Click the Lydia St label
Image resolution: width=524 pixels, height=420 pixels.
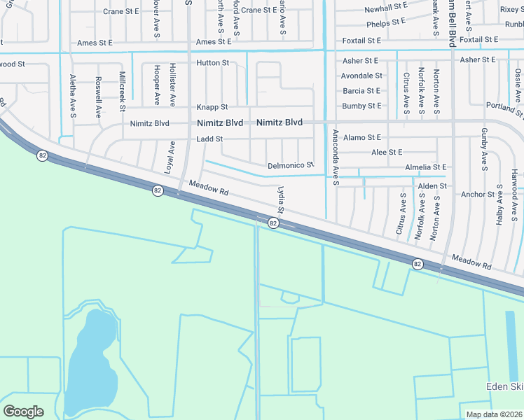tap(281, 199)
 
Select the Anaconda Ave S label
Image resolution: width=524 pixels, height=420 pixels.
tap(336, 158)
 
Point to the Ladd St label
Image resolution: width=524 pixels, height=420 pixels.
tap(209, 139)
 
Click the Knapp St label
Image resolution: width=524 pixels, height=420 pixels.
tap(212, 107)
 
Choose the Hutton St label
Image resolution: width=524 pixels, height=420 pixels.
tap(213, 63)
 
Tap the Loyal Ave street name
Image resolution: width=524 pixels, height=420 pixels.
tap(170, 157)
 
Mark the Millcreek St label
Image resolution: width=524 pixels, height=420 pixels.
tap(122, 91)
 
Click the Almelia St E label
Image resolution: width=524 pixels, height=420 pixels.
tap(425, 167)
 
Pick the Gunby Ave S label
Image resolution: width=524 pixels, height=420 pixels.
tap(484, 149)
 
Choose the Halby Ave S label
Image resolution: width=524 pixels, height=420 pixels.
tap(499, 204)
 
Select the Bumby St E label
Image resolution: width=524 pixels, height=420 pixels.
tap(361, 106)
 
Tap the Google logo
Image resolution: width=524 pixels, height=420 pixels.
tap(23, 412)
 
